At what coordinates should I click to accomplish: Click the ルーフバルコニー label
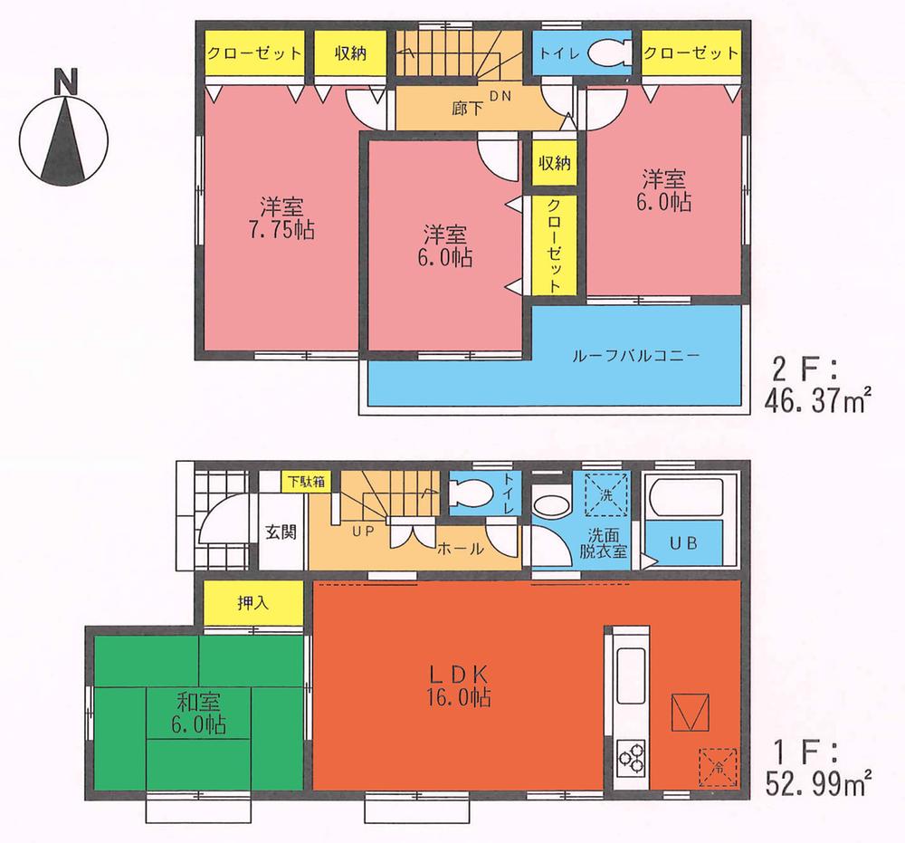click(x=635, y=355)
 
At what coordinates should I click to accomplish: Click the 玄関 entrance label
click(x=281, y=532)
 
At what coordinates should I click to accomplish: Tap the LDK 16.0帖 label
click(x=459, y=685)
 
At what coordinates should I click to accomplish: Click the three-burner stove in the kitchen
click(x=631, y=754)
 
